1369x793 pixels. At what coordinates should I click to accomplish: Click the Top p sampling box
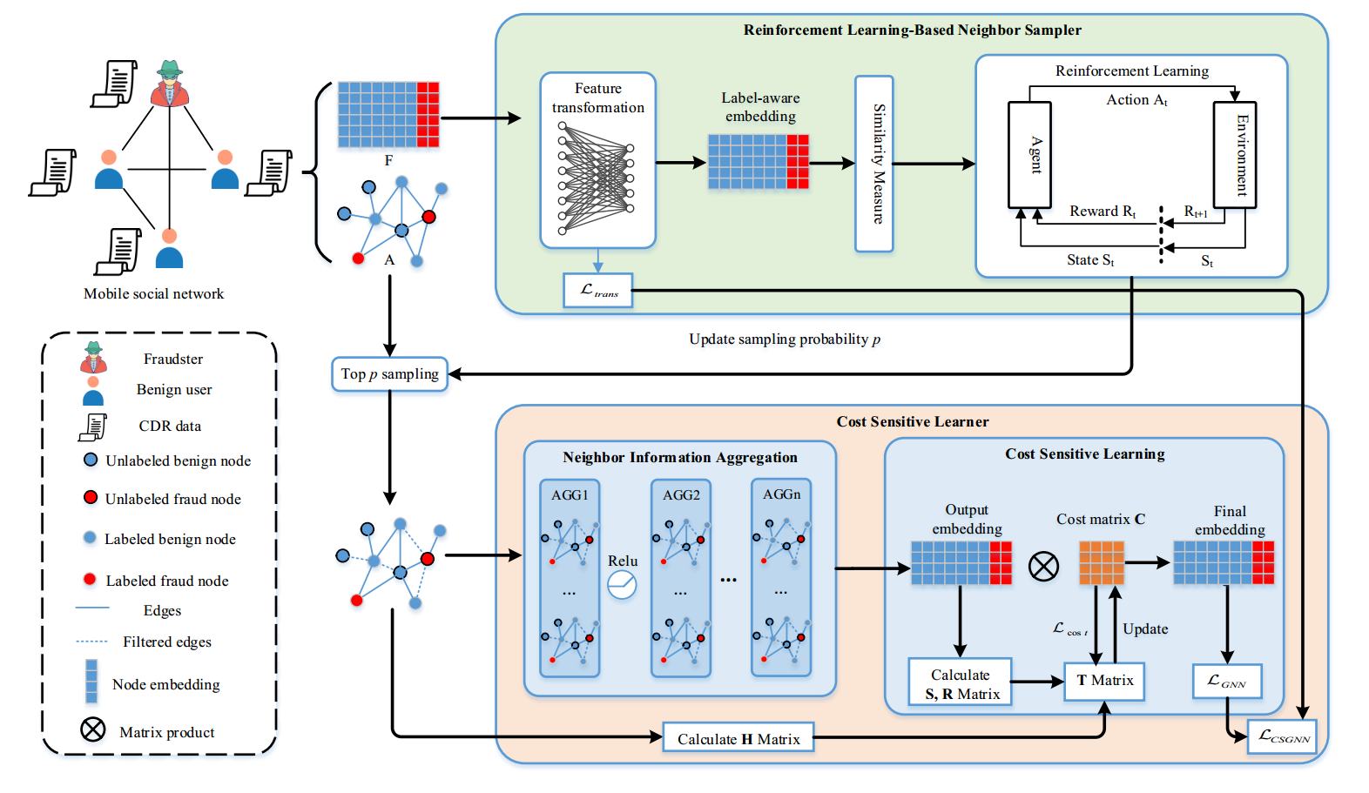point(389,374)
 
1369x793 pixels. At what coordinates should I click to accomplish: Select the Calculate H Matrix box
point(738,738)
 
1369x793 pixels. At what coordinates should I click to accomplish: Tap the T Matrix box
point(1104,681)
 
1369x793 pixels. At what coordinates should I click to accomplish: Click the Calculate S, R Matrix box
point(960,682)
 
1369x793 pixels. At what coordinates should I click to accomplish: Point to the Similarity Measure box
point(874,164)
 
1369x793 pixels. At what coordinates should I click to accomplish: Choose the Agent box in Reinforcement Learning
point(1029,155)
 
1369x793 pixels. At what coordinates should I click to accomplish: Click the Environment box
point(1234,154)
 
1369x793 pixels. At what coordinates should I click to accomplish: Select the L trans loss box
point(598,290)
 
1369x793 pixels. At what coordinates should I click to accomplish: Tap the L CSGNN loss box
point(1283,736)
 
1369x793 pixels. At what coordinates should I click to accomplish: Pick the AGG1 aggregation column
point(570,577)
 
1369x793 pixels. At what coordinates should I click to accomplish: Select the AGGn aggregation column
point(781,577)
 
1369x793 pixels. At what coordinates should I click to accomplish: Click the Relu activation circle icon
point(622,584)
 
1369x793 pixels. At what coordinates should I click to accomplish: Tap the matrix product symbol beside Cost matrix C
point(1043,567)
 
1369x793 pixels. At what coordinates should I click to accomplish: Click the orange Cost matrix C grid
point(1102,562)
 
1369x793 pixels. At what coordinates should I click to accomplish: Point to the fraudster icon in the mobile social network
point(170,84)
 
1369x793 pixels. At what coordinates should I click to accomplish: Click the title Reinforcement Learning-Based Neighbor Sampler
point(912,30)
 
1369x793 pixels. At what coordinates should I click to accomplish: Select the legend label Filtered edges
point(167,642)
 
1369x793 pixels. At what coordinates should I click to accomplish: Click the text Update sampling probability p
point(785,339)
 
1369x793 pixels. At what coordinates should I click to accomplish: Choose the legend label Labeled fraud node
point(167,581)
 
